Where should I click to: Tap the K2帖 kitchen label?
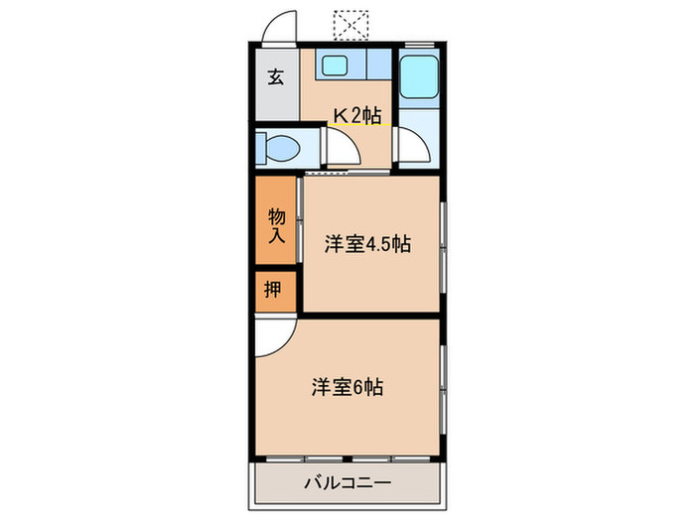(356, 116)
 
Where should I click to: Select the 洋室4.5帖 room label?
(367, 245)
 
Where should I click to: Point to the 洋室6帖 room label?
(347, 387)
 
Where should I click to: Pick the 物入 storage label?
(276, 226)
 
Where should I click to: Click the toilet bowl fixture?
(278, 150)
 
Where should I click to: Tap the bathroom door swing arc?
(410, 148)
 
